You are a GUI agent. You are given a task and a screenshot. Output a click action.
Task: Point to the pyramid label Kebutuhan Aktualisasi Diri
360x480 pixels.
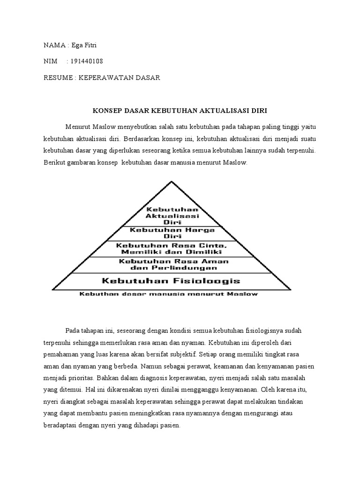pos(172,215)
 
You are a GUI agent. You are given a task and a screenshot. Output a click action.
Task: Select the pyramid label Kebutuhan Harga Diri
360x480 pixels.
pos(172,233)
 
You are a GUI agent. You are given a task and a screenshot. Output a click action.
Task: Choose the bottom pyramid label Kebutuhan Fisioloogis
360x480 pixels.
pos(171,281)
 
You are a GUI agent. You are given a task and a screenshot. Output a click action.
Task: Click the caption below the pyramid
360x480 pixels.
pos(169,294)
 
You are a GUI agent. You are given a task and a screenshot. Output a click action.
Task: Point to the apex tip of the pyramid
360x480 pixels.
pos(172,182)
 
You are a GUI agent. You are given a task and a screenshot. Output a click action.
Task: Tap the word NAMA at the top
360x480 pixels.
pos(54,45)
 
